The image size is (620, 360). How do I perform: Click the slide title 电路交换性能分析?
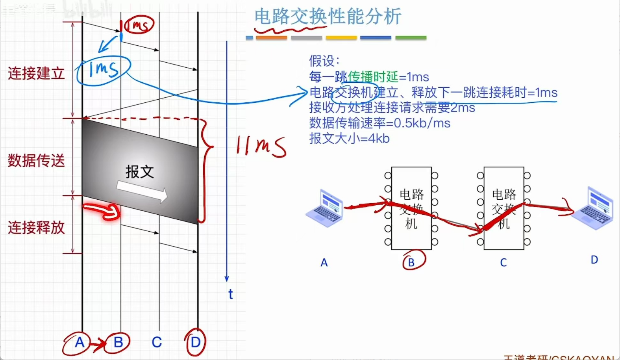(x=328, y=17)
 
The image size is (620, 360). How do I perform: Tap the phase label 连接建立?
(x=36, y=74)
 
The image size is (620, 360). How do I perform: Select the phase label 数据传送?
(x=36, y=160)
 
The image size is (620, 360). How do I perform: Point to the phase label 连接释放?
(x=36, y=227)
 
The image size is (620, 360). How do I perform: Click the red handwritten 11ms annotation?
(x=261, y=146)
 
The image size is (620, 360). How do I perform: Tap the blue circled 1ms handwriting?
(x=103, y=70)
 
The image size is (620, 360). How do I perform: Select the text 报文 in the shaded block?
(x=139, y=172)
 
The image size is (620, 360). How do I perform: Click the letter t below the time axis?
(x=230, y=294)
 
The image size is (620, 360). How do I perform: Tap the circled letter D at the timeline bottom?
(x=195, y=342)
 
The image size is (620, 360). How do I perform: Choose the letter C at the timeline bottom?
(x=157, y=342)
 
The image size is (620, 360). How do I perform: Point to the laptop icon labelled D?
(x=593, y=208)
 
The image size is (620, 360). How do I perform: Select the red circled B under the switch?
(x=412, y=262)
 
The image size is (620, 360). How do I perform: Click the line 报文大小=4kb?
(x=349, y=138)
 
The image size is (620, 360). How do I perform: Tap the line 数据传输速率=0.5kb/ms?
(x=379, y=123)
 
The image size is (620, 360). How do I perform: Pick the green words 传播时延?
(x=373, y=77)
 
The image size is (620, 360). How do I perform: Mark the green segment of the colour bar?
(x=411, y=38)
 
